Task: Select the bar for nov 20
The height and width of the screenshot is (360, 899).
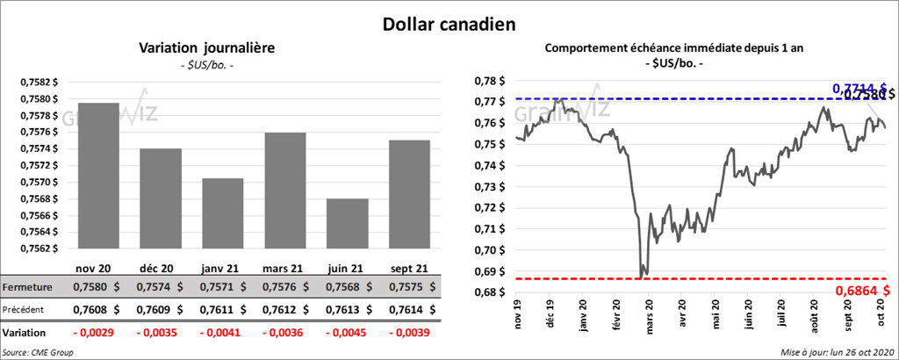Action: click(98, 176)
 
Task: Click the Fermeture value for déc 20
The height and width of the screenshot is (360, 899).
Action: click(161, 286)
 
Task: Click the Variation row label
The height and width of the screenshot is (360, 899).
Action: click(25, 334)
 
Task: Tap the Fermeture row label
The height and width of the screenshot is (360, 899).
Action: click(27, 286)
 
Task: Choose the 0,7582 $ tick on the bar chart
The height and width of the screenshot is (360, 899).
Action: click(40, 82)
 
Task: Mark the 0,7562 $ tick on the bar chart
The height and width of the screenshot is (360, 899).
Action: click(40, 248)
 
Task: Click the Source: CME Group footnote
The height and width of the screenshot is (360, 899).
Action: click(40, 352)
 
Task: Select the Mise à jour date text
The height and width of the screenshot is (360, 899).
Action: click(835, 352)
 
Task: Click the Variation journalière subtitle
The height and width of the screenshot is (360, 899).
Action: click(207, 48)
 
